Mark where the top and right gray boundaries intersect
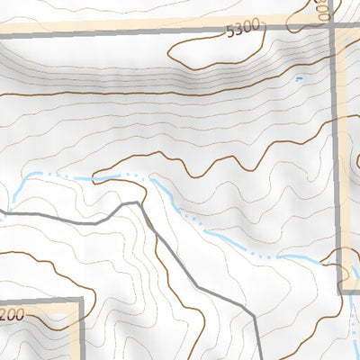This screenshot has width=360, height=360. pyautogui.click(x=333, y=31)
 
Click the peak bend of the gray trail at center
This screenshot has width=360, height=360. pyautogui.click(x=138, y=203)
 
